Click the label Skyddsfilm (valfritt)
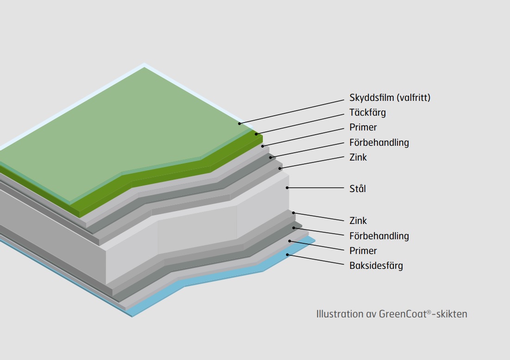[x=390, y=98]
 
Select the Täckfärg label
[x=367, y=112]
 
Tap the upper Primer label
[x=363, y=127]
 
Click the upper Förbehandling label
[x=379, y=143]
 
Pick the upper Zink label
[x=358, y=157]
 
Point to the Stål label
[x=357, y=189]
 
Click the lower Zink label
[x=358, y=221]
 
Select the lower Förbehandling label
[x=379, y=236]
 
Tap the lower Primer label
[x=363, y=251]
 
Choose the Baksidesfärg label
[x=376, y=266]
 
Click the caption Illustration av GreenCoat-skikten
[x=392, y=314]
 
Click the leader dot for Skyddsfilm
[x=239, y=124]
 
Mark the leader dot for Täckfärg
[x=256, y=134]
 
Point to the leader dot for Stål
[x=287, y=188]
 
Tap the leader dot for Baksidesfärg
[x=287, y=254]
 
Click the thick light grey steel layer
[x=195, y=228]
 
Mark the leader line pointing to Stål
[x=316, y=188]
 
